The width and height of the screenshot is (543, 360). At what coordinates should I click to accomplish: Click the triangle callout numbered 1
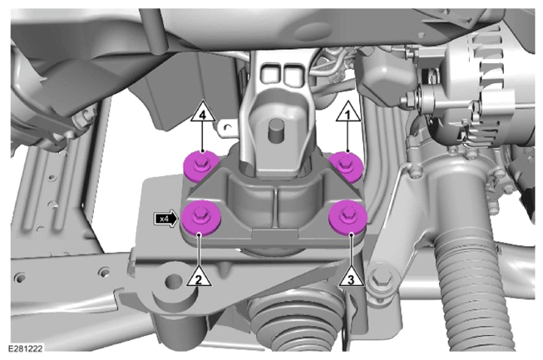348,112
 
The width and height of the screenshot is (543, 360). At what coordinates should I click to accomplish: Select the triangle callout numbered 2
199,278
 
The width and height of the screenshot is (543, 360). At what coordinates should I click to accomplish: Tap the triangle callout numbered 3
351,278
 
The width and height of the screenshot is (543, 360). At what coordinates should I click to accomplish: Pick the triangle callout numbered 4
203,112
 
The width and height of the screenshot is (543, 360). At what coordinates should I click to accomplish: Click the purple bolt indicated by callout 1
346,166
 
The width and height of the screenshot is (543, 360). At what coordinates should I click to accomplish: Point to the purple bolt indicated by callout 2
199,219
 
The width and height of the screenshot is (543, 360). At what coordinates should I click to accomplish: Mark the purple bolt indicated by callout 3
348,218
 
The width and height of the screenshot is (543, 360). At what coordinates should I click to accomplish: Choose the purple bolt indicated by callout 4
201,166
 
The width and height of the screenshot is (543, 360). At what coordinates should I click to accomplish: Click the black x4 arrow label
166,219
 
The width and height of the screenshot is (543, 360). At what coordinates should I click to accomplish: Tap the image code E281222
26,348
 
